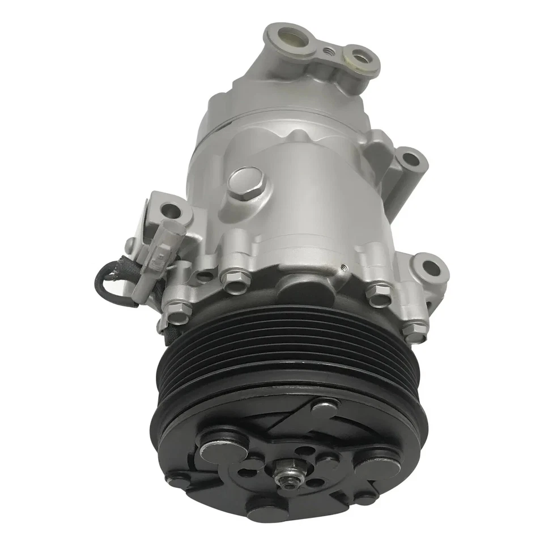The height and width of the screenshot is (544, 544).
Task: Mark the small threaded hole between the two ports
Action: (x=328, y=52)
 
